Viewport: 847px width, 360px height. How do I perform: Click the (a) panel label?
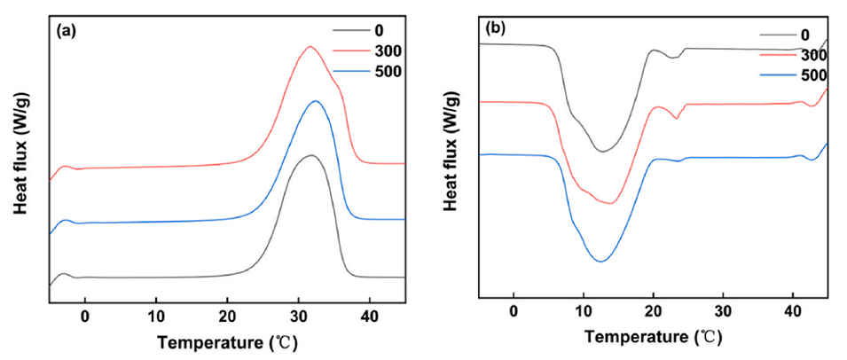(65, 29)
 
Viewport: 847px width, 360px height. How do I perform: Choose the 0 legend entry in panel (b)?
(804, 35)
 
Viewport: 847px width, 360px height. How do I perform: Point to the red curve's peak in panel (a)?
(310, 46)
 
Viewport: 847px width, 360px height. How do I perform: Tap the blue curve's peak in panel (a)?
(315, 101)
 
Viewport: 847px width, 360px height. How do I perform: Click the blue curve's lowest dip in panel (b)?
(600, 262)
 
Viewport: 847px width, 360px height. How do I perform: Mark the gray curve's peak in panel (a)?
(310, 155)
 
